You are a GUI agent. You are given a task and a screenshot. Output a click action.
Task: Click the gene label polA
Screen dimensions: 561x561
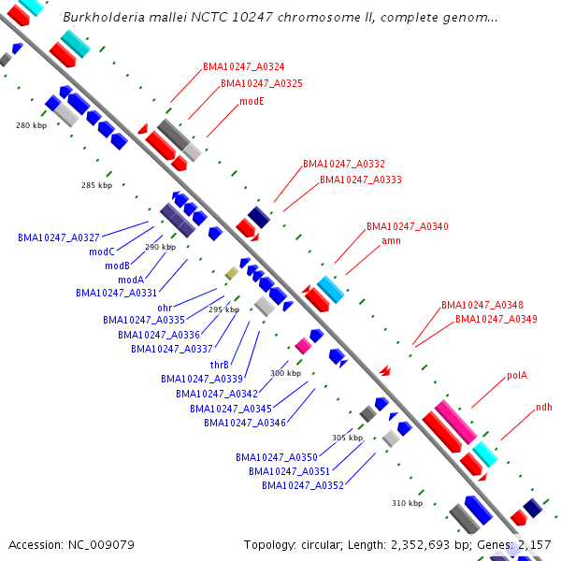click(x=517, y=375)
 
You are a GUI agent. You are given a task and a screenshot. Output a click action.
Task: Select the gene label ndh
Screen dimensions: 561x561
click(x=543, y=407)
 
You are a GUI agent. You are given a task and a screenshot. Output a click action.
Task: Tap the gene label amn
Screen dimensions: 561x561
click(x=391, y=240)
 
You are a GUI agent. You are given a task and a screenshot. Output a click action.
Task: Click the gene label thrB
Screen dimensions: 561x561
click(x=220, y=365)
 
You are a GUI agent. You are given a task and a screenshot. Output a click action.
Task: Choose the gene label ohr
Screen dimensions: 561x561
click(x=165, y=308)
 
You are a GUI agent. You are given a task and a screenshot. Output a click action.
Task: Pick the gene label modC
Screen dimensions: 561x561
click(x=102, y=252)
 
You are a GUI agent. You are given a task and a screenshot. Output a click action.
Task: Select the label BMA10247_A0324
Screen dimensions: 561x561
click(x=244, y=67)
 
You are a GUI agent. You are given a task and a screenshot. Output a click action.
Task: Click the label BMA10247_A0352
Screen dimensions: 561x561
click(x=303, y=485)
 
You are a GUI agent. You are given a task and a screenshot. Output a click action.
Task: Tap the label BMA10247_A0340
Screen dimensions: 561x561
click(x=408, y=226)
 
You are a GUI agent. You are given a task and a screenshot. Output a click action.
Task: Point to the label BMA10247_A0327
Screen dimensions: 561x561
click(x=59, y=237)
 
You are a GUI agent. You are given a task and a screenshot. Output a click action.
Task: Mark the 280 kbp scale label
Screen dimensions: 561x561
click(x=31, y=125)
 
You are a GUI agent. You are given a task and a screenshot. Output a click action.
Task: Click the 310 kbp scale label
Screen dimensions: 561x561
click(x=407, y=503)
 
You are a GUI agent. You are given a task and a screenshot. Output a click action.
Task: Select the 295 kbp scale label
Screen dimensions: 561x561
click(x=223, y=309)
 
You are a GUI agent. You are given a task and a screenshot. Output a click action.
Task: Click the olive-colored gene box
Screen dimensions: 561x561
click(x=231, y=273)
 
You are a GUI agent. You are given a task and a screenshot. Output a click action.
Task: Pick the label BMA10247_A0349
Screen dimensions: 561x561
click(x=496, y=319)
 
